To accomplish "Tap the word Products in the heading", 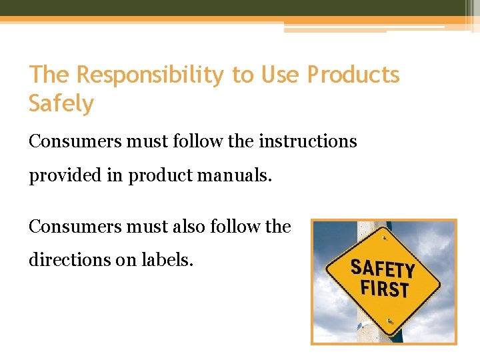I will pos(353,75).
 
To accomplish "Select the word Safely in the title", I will pos(61,103).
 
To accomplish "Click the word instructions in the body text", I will pos(308,141).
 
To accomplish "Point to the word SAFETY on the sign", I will pos(383,268).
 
